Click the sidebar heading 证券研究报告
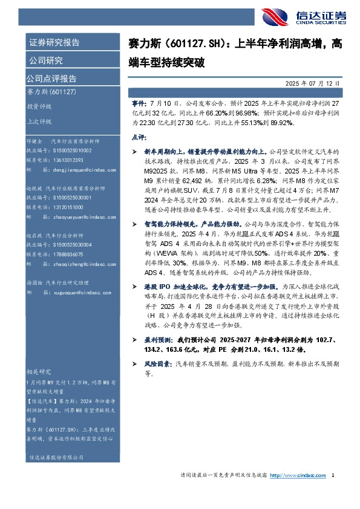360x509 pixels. point(54,42)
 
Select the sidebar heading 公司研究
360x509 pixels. point(46,60)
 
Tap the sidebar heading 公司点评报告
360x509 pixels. point(51,78)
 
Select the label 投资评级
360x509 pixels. point(40,106)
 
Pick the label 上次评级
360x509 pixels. point(40,120)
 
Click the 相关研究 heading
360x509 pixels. point(40,371)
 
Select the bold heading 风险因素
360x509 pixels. point(153,365)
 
